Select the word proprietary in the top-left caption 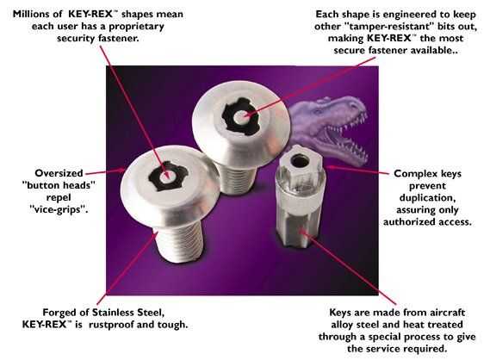[136, 27]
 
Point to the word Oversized [59, 173]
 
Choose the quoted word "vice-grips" [58, 209]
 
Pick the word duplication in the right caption [427, 198]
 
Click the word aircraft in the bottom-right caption [447, 313]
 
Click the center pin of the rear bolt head [241, 117]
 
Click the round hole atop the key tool [300, 161]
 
